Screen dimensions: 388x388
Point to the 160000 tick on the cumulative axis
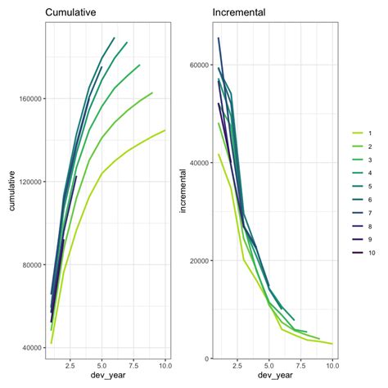click(x=30, y=98)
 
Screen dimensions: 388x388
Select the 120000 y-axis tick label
click(x=30, y=182)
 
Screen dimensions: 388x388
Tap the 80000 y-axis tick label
click(x=32, y=264)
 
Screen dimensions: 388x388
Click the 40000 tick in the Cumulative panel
click(x=32, y=348)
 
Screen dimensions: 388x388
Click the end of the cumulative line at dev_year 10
click(x=165, y=130)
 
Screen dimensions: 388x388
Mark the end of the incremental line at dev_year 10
click(x=332, y=344)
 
